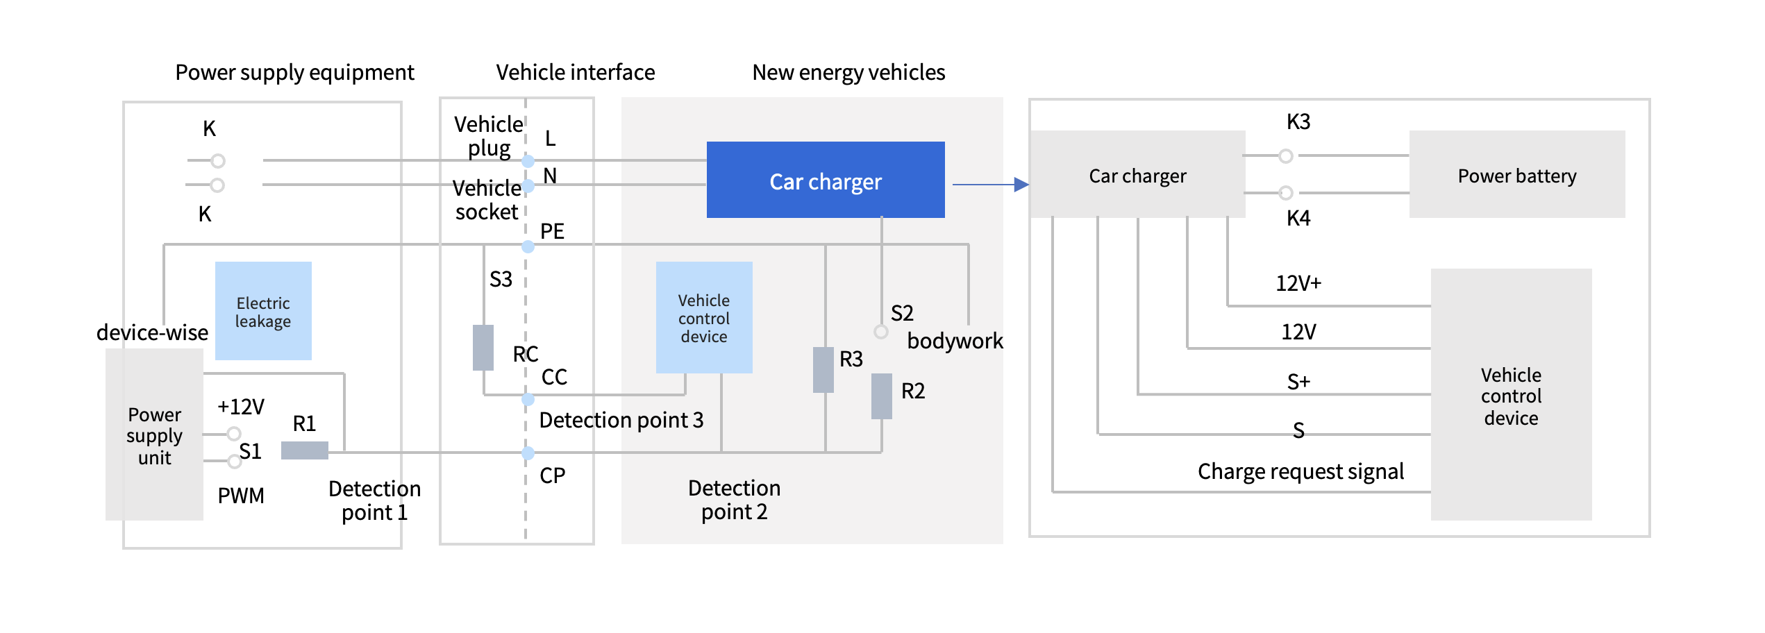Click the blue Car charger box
point(825,180)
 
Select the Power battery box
point(1516,175)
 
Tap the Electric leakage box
point(263,311)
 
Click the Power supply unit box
point(154,434)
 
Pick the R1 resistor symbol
point(304,450)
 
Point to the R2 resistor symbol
point(881,396)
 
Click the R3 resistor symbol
point(823,370)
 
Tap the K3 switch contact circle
point(1285,156)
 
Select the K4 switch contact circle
point(1285,192)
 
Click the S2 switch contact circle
point(880,332)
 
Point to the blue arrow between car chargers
point(989,185)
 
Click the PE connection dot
point(528,246)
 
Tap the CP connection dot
point(528,453)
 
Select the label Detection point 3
point(621,420)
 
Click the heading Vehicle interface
point(575,72)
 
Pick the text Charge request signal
point(1300,471)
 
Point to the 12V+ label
point(1298,283)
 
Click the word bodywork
point(954,341)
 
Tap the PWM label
point(240,496)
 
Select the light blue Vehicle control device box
point(703,318)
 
